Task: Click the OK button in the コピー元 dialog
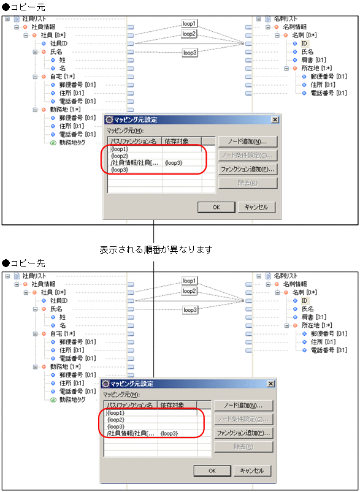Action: click(x=216, y=207)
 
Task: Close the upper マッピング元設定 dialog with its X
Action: click(x=275, y=120)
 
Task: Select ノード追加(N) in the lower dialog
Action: click(x=242, y=406)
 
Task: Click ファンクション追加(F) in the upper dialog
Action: click(x=247, y=169)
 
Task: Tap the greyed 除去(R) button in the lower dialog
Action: click(x=242, y=446)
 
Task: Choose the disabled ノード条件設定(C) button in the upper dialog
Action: click(x=247, y=156)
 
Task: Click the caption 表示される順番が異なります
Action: click(x=156, y=250)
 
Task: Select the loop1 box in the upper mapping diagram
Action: click(x=190, y=23)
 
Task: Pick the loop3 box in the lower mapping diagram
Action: click(x=190, y=311)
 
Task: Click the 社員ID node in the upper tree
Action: click(x=58, y=44)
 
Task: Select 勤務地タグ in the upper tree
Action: click(x=72, y=142)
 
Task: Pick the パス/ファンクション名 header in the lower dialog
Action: click(x=130, y=405)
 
